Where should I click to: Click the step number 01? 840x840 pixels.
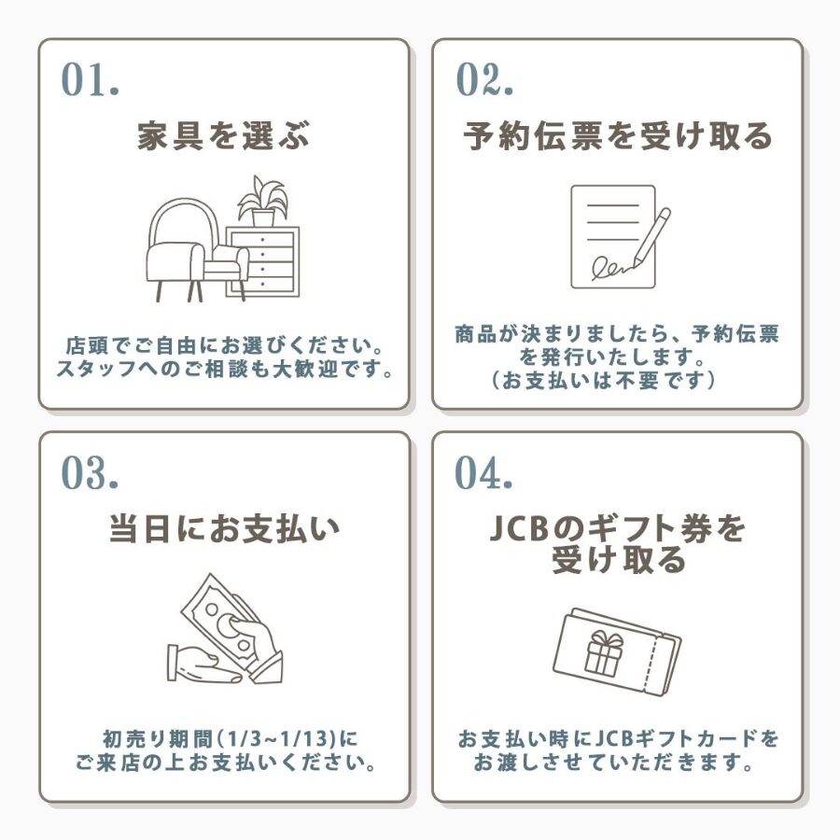click(90, 80)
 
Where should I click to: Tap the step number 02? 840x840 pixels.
click(484, 80)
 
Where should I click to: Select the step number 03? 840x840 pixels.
click(90, 472)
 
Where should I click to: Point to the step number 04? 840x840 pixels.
click(483, 472)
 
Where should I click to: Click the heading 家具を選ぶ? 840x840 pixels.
click(224, 135)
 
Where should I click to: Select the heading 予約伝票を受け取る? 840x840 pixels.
click(618, 135)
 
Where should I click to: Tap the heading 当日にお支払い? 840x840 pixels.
click(224, 529)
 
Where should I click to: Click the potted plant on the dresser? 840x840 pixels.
click(262, 201)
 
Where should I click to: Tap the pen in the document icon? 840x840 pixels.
click(651, 238)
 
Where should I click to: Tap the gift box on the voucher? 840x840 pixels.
click(603, 653)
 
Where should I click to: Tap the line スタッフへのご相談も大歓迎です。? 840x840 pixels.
click(225, 369)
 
